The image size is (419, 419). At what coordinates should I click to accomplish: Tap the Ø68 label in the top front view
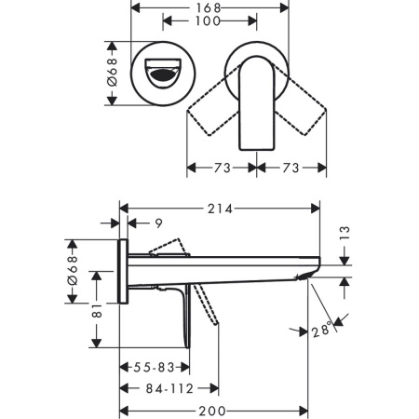[113, 72]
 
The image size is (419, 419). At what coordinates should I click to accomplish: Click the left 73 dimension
[222, 169]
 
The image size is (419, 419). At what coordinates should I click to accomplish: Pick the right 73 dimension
[292, 169]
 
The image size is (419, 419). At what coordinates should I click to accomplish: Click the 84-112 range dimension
[169, 389]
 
